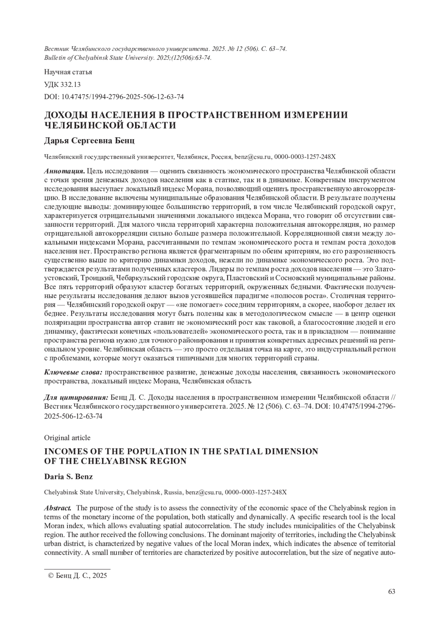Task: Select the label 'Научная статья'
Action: pyautogui.click(x=68, y=72)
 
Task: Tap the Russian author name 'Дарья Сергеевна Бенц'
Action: pyautogui.click(x=89, y=141)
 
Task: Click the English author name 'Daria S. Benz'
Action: pyautogui.click(x=68, y=477)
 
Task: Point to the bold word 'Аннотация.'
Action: pyautogui.click(x=64, y=172)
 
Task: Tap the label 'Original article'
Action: pyautogui.click(x=67, y=438)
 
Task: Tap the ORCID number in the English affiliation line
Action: pyautogui.click(x=256, y=492)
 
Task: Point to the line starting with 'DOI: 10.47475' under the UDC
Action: pyautogui.click(x=114, y=97)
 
